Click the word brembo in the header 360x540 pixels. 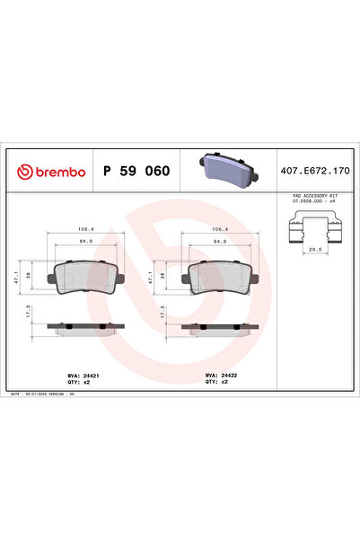pyautogui.click(x=57, y=171)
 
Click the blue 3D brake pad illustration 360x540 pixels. pyautogui.click(x=224, y=168)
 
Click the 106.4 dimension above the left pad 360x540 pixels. pyautogui.click(x=86, y=229)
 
